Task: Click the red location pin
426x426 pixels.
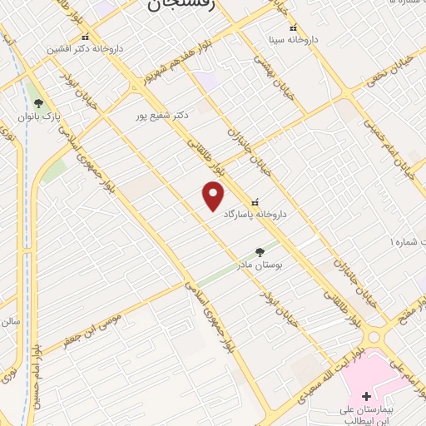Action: [x=214, y=196]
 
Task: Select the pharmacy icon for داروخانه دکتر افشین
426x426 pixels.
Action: [x=86, y=37]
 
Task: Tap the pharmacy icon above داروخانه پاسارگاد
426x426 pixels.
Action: [x=255, y=201]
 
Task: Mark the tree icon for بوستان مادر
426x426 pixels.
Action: [x=260, y=251]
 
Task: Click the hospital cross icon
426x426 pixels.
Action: [x=367, y=396]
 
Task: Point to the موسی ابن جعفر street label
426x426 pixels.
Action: [x=83, y=329]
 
